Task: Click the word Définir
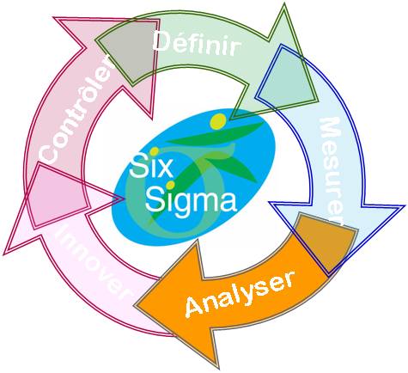pos(197,44)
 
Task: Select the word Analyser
pos(240,294)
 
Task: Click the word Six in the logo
pos(151,166)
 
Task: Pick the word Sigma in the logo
pos(191,199)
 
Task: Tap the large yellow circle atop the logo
pos(217,121)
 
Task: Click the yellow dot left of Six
pos(154,151)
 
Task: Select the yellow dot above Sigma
pos(170,185)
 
